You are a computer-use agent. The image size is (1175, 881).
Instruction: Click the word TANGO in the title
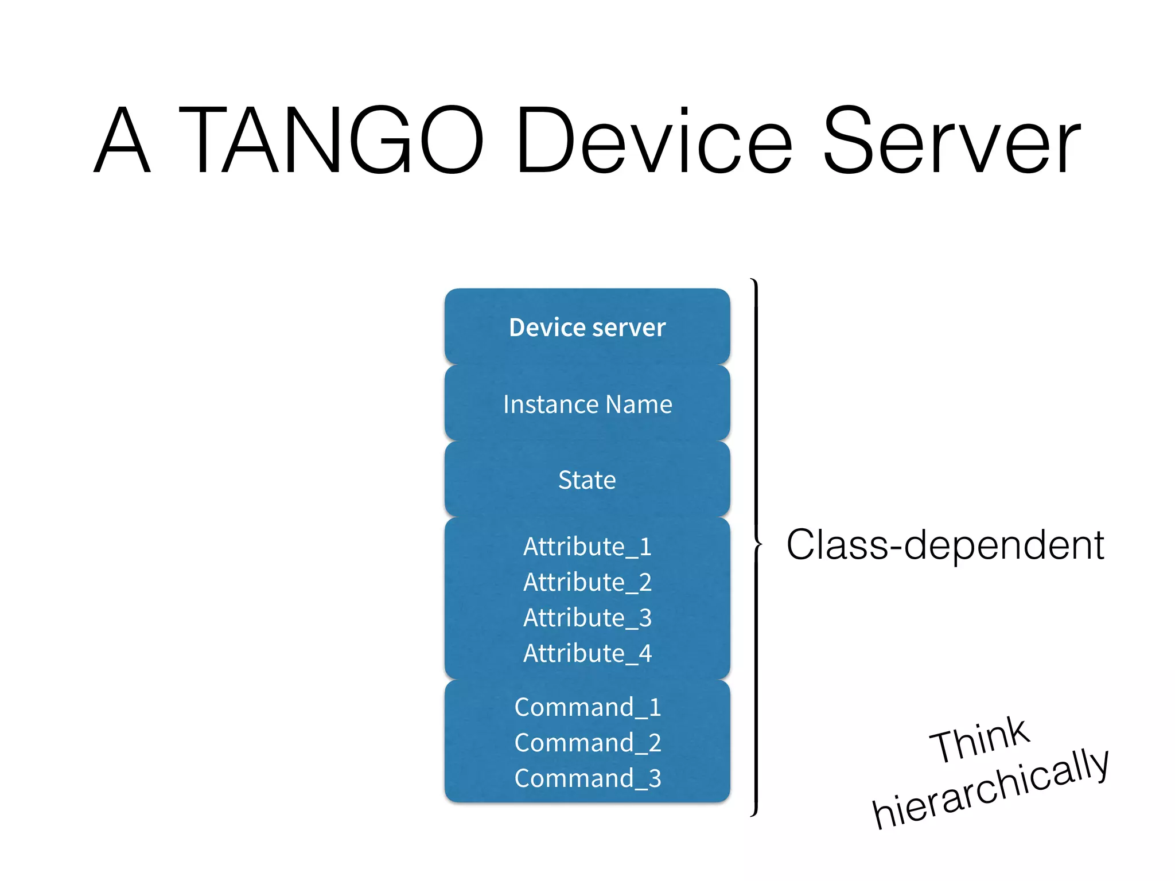pos(332,140)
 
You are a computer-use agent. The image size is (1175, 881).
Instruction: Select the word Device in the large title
pos(653,141)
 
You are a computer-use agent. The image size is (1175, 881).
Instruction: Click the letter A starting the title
pos(122,140)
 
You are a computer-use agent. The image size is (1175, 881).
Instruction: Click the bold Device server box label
pos(587,328)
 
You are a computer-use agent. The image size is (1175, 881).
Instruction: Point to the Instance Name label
pos(587,404)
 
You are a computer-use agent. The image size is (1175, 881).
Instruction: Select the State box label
pos(587,480)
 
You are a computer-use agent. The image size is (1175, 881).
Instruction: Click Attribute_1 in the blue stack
pos(587,547)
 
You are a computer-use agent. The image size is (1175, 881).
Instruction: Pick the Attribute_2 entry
pos(587,582)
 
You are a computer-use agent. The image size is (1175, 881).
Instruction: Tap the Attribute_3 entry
pos(587,618)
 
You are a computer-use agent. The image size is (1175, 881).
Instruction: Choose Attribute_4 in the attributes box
pos(587,653)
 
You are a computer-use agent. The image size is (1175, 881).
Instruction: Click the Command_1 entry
pos(587,707)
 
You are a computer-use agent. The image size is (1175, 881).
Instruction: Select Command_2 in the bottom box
pos(587,743)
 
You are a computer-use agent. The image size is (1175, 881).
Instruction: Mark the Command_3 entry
pos(587,778)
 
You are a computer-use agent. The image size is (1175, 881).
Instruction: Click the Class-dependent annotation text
pos(944,545)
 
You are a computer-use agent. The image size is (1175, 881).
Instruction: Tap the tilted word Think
pos(980,740)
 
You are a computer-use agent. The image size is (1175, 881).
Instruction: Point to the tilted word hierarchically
pos(990,789)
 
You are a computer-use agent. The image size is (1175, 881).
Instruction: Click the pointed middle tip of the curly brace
pos(761,544)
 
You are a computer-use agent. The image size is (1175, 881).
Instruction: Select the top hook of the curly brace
pos(753,282)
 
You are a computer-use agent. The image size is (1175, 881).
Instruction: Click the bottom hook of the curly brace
pos(753,813)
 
